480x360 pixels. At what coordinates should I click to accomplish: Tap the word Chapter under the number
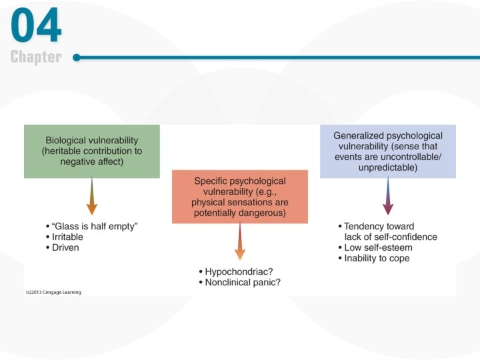(36, 57)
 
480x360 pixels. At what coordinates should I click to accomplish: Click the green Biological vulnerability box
(92, 151)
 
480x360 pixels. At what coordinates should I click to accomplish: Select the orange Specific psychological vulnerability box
(240, 196)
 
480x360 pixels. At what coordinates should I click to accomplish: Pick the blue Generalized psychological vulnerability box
(388, 151)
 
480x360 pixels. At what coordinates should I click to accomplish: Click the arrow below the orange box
(240, 243)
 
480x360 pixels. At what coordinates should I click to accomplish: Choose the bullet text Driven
(65, 247)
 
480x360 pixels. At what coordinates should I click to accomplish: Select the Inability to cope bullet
(377, 258)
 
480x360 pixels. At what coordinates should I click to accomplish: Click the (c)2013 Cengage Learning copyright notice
(53, 292)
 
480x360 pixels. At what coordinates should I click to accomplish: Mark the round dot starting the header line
(77, 57)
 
